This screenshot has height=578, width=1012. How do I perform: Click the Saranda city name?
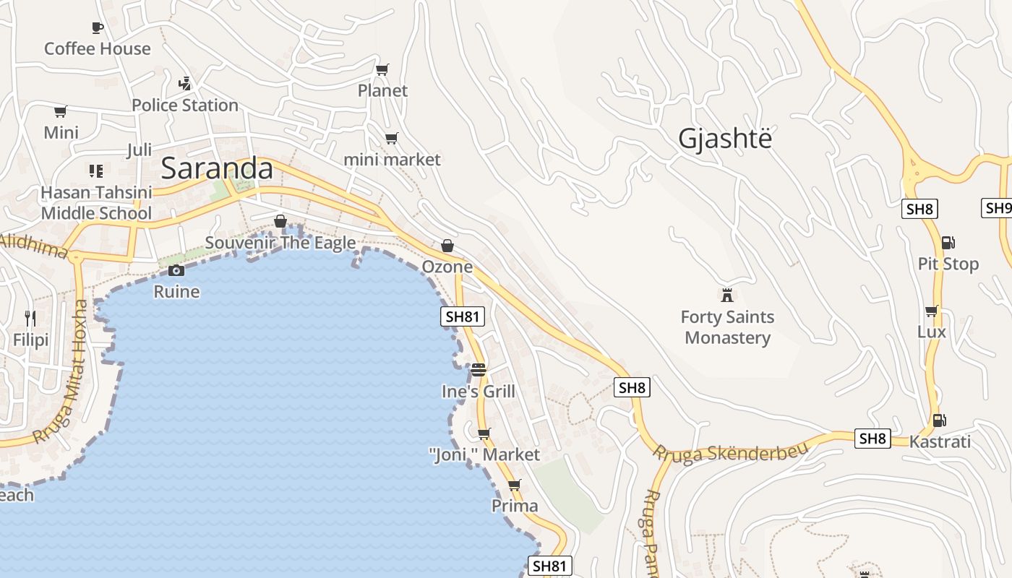click(216, 168)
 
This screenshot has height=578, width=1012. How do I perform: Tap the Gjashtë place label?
click(725, 139)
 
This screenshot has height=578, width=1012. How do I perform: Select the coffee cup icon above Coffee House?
click(98, 28)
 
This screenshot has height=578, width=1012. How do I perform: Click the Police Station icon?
click(185, 84)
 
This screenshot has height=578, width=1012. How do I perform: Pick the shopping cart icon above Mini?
click(61, 112)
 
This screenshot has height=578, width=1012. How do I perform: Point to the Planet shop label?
click(382, 90)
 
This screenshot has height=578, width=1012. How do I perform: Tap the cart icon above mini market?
click(391, 138)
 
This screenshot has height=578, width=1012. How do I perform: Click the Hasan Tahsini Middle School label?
click(96, 202)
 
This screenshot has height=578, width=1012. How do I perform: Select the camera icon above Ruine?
click(176, 271)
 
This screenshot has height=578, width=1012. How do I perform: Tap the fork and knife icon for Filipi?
click(30, 318)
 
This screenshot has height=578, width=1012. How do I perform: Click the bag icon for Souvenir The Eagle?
click(280, 221)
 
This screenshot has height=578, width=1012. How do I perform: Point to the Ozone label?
click(447, 267)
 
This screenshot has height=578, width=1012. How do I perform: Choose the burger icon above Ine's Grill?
click(479, 370)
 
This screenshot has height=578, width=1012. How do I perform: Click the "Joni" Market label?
click(484, 454)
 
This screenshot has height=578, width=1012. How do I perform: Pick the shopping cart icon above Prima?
click(514, 485)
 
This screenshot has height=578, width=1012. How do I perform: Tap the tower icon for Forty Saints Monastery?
click(727, 295)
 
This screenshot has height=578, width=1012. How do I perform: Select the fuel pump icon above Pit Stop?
click(948, 243)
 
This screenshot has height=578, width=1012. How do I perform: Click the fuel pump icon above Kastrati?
click(939, 420)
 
